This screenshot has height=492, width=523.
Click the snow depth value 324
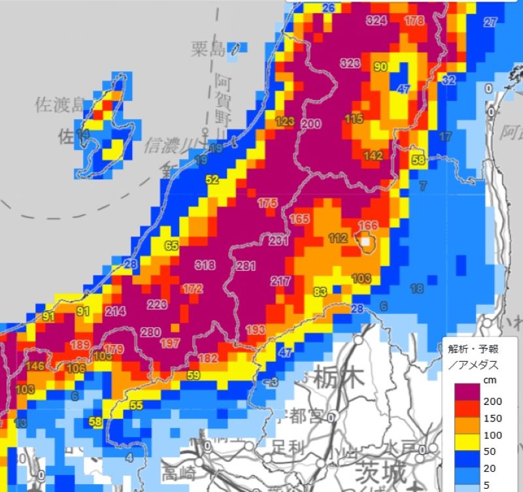click(376, 21)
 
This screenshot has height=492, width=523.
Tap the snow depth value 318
click(205, 265)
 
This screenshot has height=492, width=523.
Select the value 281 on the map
click(245, 266)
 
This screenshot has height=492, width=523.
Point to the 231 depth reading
click(278, 241)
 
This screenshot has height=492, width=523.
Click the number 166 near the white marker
click(368, 226)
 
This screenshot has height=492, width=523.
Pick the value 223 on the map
click(157, 305)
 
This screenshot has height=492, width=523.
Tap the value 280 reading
click(150, 332)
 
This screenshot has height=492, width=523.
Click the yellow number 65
click(171, 246)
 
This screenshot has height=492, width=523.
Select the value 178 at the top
click(414, 21)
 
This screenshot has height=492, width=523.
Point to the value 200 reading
click(311, 124)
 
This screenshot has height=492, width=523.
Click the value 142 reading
click(373, 156)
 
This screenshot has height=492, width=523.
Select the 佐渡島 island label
click(60, 105)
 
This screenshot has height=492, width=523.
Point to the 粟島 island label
click(209, 48)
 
